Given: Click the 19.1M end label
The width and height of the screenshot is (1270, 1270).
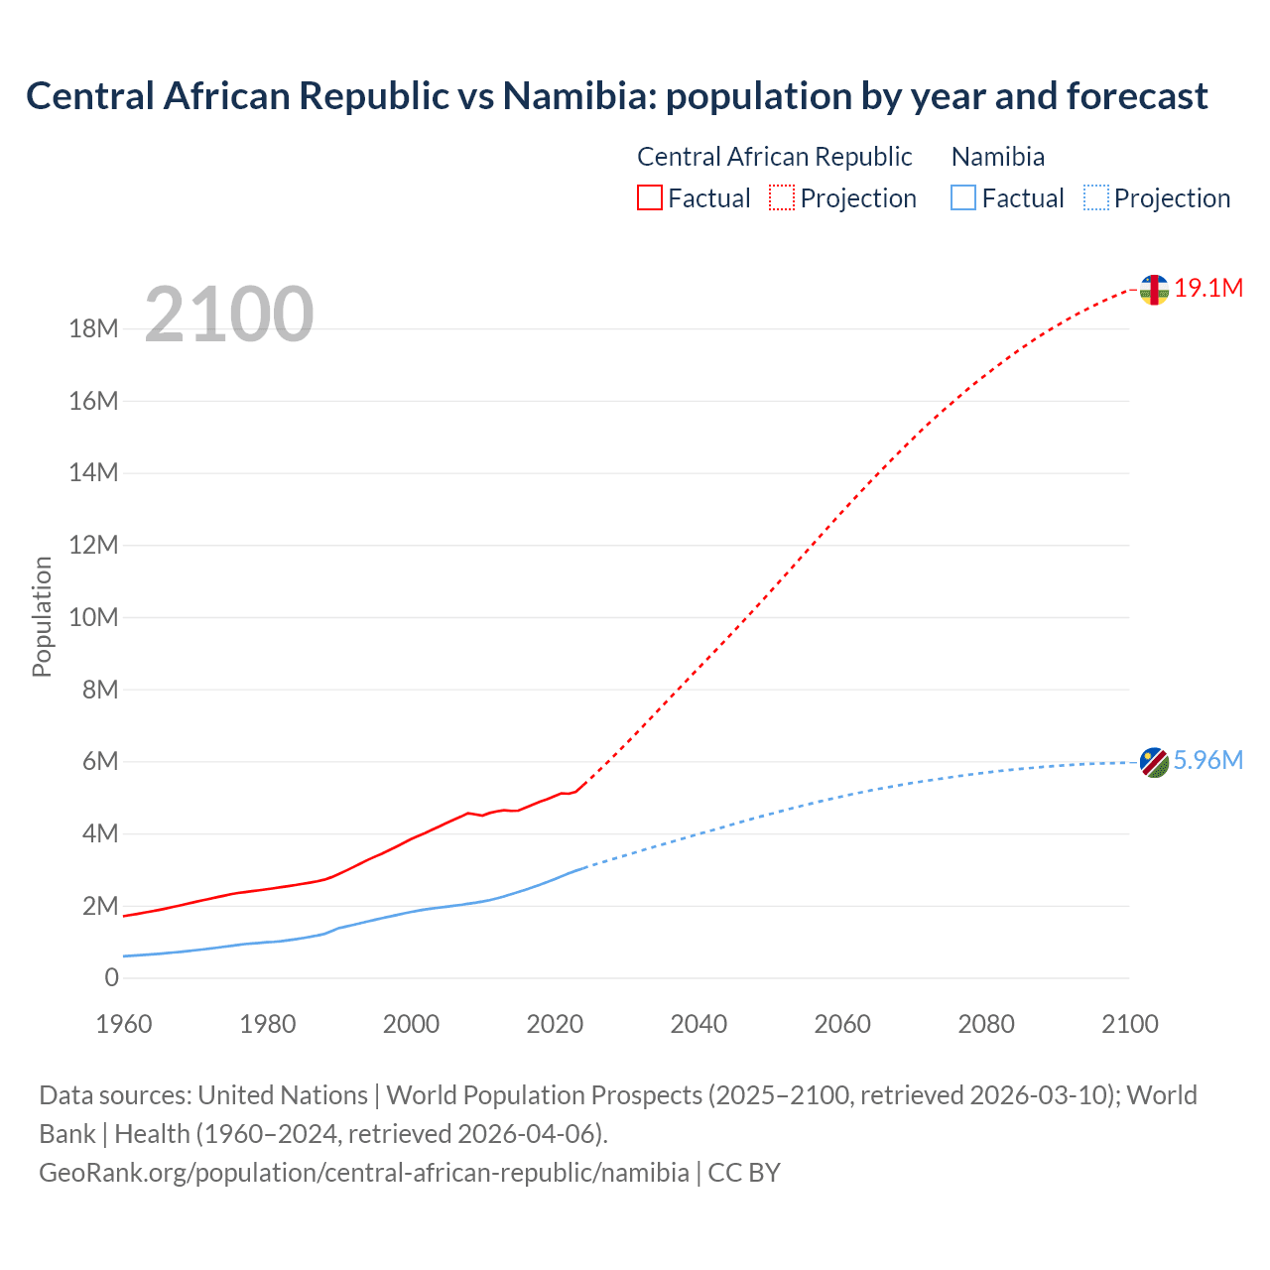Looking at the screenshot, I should (1208, 289).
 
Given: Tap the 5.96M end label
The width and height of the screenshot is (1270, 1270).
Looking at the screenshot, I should (1207, 761).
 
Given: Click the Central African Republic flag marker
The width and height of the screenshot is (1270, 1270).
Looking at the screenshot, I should (1154, 290).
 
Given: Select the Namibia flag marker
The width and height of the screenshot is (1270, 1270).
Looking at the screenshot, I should (1154, 762).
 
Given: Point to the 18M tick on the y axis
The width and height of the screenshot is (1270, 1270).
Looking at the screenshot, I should (93, 329).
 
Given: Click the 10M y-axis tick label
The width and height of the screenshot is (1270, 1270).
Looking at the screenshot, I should (93, 618).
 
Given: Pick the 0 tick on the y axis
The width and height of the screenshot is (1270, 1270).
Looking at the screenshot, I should (111, 978).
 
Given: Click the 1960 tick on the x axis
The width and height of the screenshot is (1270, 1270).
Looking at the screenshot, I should (124, 1024).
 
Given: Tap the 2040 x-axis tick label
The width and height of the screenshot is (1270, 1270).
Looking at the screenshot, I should (698, 1024).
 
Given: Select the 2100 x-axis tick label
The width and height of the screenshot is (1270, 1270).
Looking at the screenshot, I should (1129, 1024).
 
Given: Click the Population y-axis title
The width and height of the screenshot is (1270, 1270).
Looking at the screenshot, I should (42, 616).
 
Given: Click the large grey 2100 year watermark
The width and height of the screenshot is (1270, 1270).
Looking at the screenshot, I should (229, 315).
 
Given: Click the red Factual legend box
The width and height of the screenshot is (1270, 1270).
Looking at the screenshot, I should (650, 198).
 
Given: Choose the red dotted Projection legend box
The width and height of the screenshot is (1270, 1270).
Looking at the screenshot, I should (782, 198).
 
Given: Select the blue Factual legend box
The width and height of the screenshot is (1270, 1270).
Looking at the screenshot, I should (963, 198).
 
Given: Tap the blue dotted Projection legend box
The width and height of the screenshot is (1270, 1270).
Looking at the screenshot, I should (1096, 198).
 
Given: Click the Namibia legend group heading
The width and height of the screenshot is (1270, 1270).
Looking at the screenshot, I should (997, 157).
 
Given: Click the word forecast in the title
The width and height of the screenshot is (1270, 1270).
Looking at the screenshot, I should (1137, 96).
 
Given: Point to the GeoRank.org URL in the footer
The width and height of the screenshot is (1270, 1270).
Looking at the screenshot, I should (363, 1173).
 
